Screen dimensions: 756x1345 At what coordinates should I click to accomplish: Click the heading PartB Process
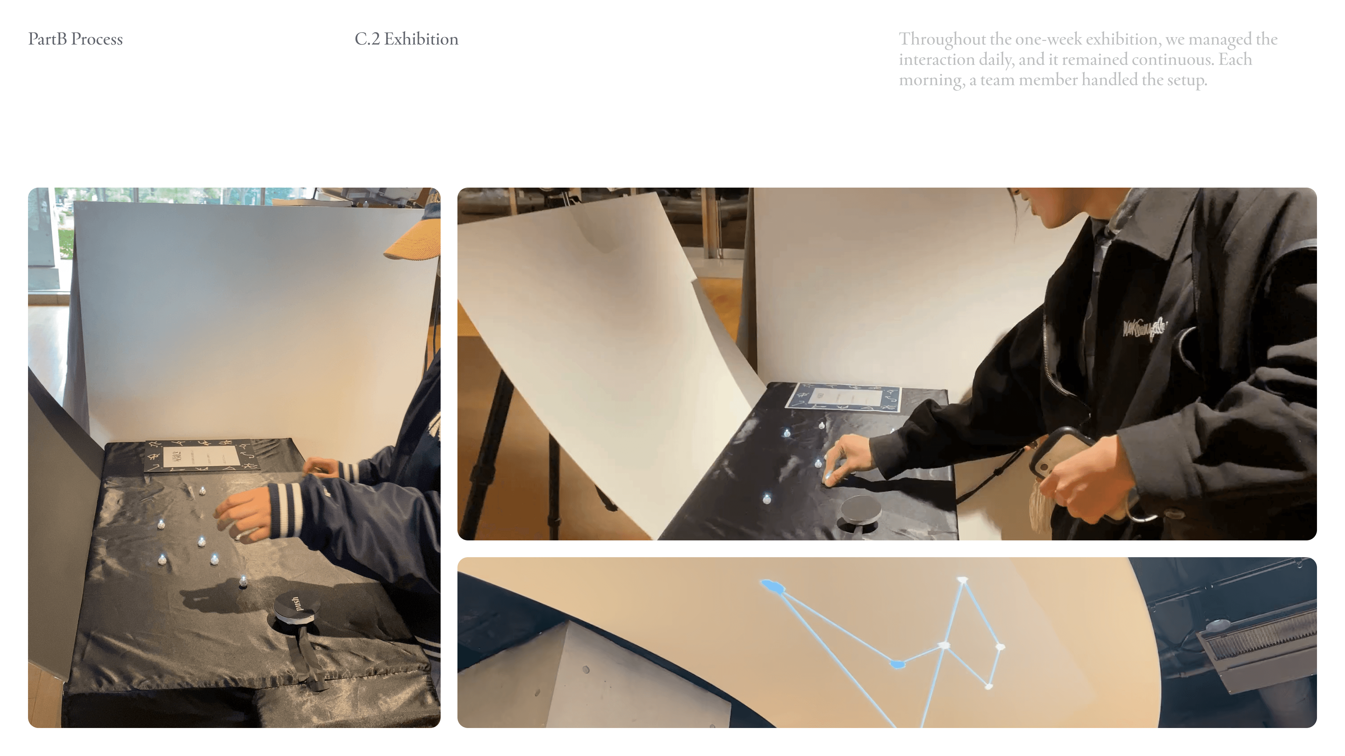click(75, 39)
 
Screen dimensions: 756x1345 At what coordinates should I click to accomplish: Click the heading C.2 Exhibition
click(406, 39)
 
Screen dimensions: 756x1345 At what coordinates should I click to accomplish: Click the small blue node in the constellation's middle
click(897, 664)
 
